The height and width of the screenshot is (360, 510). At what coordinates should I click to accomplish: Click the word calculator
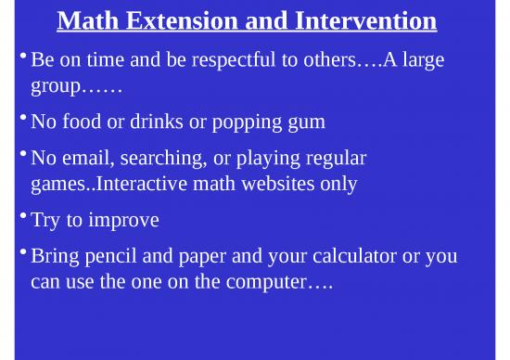355,256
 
